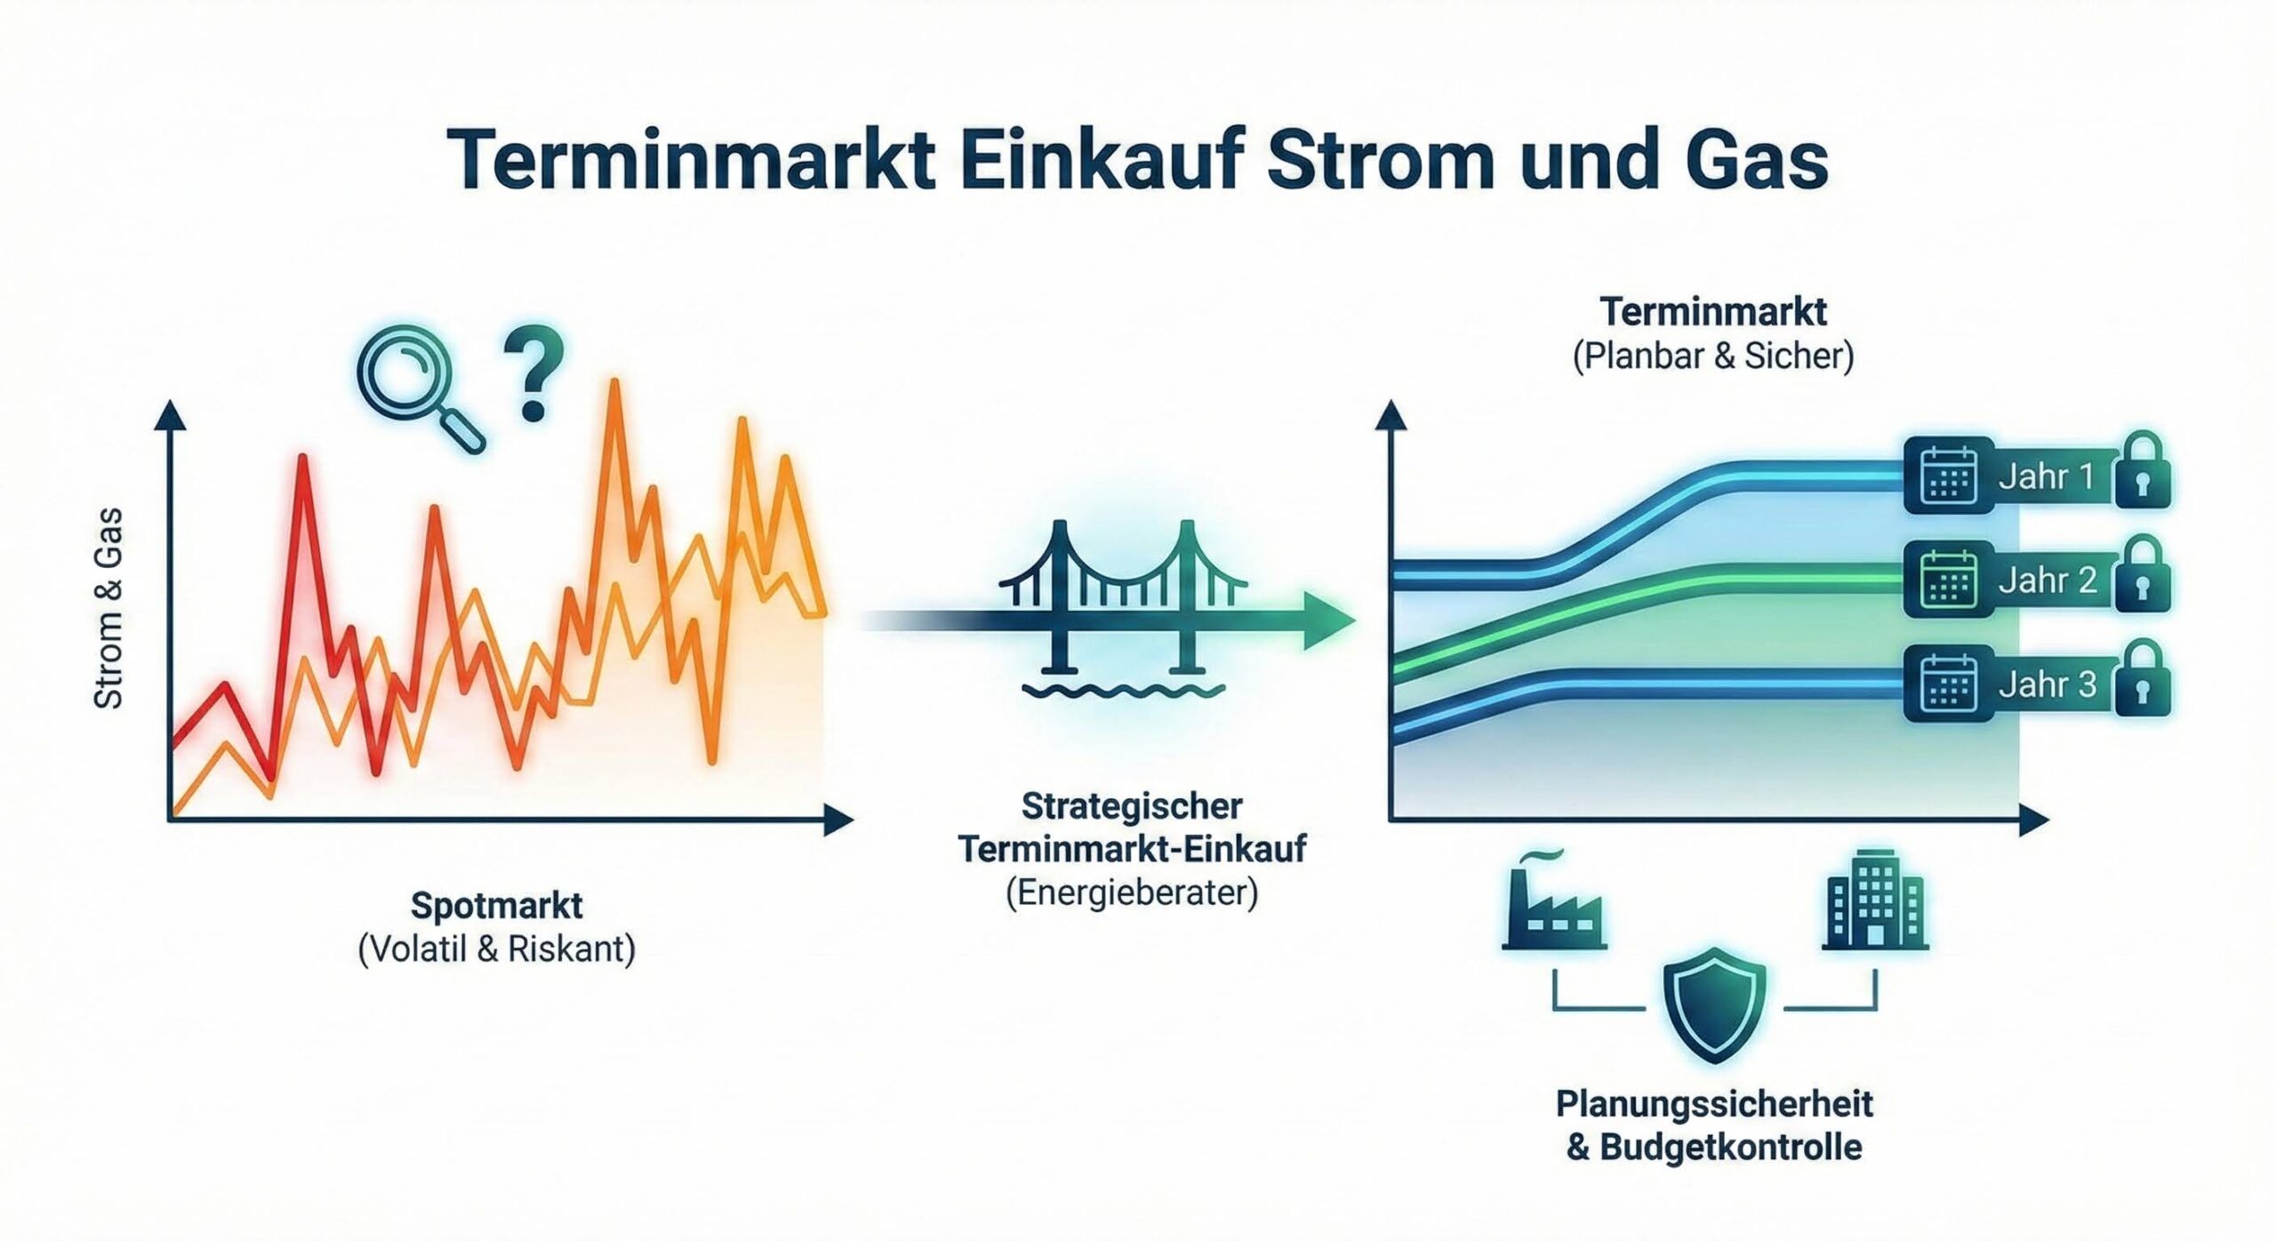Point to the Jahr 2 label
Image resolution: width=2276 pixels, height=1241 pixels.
[2048, 580]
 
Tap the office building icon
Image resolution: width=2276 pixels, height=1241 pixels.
[1874, 900]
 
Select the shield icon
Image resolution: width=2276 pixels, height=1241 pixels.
[1714, 1005]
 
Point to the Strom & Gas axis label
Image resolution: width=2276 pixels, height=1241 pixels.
[108, 609]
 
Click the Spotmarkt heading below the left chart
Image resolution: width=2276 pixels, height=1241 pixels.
[496, 906]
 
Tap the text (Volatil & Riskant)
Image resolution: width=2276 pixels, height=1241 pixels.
[496, 949]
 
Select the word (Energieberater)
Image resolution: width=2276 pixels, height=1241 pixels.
[1132, 892]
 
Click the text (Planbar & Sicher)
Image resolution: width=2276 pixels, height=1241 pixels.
[1713, 356]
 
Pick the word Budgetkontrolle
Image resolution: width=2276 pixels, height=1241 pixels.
[1731, 1147]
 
